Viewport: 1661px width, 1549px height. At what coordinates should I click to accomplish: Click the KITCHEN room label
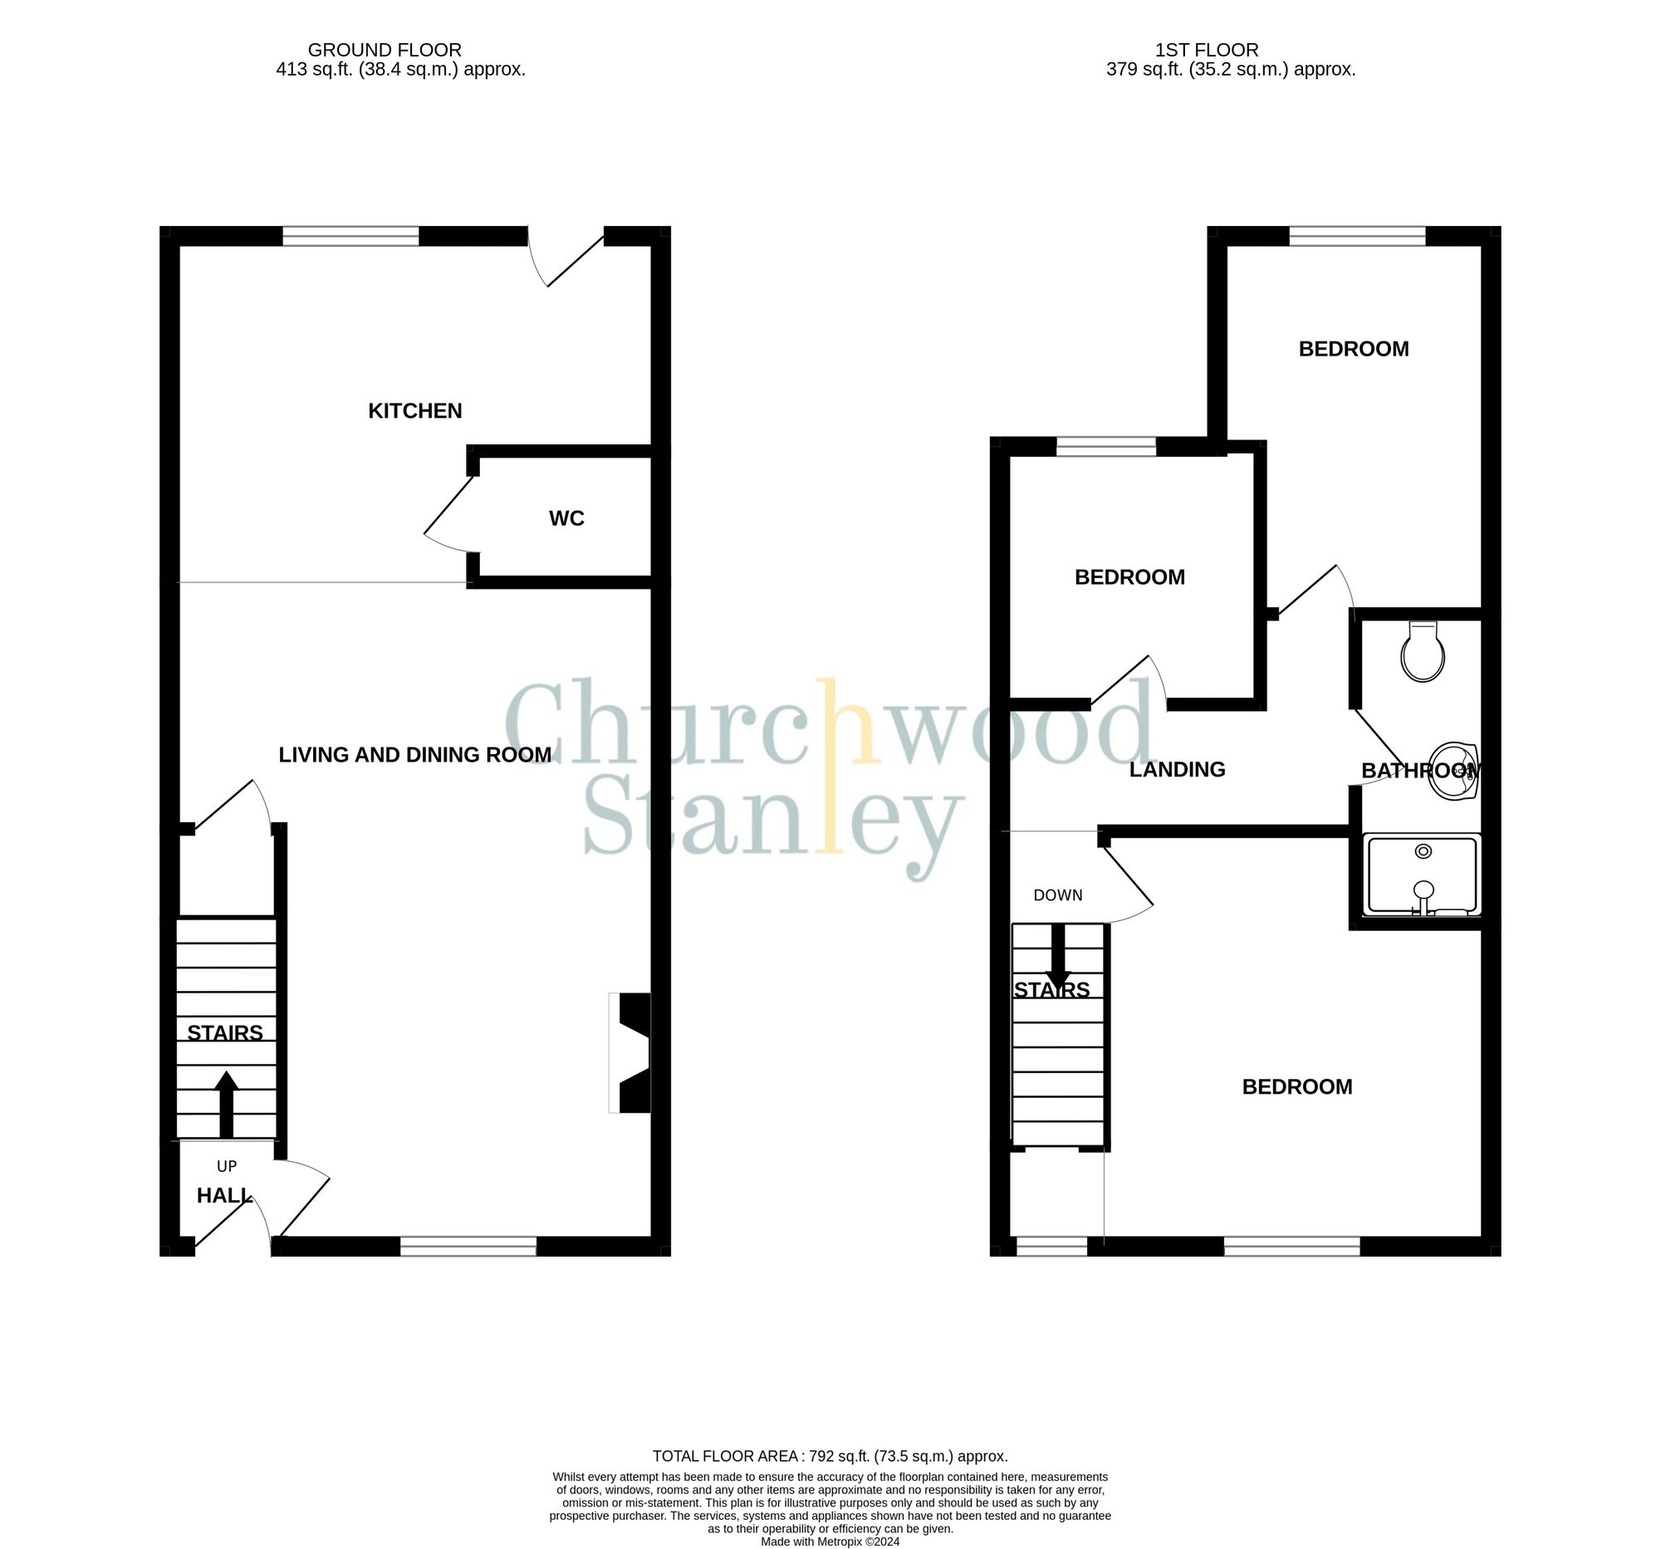click(414, 411)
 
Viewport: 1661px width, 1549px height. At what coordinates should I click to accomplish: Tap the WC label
click(566, 519)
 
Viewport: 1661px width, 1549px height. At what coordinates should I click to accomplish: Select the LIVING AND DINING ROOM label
click(414, 755)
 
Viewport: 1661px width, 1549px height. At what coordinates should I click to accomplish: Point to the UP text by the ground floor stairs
click(227, 1166)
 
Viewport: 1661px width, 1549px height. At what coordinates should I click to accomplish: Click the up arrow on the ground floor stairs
click(227, 1103)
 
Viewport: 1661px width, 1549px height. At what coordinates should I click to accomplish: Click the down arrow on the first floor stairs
click(1058, 957)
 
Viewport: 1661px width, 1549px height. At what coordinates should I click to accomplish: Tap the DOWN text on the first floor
click(1058, 895)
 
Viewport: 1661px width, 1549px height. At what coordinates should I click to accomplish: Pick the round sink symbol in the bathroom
click(1452, 770)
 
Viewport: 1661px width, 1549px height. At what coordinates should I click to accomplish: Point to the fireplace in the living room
click(630, 1052)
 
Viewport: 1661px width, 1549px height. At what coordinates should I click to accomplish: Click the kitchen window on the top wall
click(350, 237)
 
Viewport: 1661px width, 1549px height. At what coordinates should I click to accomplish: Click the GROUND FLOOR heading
click(385, 50)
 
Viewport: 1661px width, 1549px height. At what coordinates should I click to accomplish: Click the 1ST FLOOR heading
click(1207, 50)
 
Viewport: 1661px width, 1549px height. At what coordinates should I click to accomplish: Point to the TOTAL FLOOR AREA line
click(830, 1456)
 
